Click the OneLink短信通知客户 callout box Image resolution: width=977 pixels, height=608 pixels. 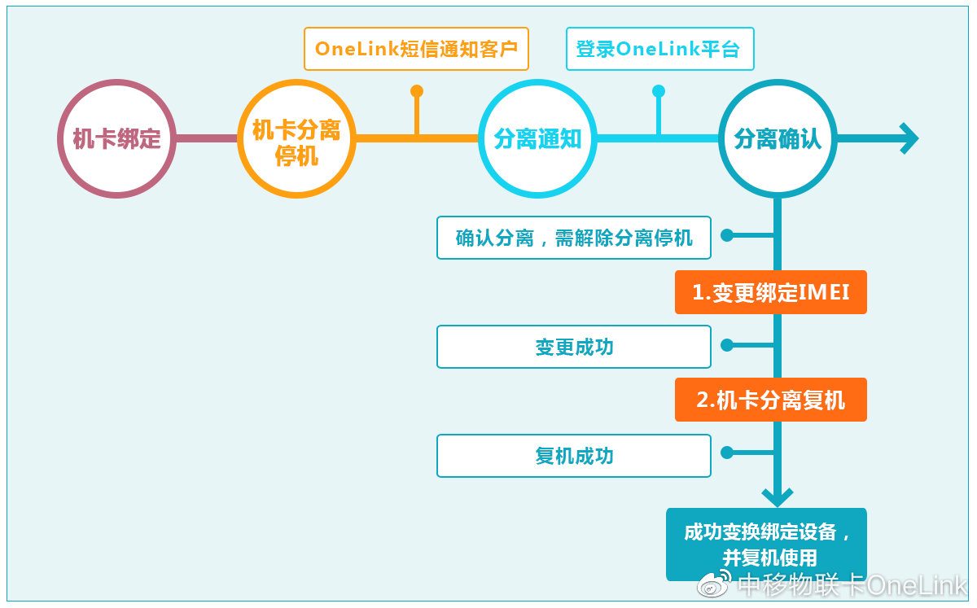[416, 49]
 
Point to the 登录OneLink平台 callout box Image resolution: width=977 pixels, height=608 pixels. [660, 49]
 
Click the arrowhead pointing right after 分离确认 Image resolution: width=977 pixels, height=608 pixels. [909, 138]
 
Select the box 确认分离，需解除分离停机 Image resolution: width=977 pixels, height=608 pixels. [574, 238]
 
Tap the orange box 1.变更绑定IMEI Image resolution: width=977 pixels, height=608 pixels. [771, 292]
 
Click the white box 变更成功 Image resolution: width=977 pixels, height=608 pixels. [574, 347]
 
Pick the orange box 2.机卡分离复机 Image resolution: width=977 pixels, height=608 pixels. [771, 400]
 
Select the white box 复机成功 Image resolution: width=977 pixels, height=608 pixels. [574, 456]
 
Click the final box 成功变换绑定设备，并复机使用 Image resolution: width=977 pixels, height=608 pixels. [766, 545]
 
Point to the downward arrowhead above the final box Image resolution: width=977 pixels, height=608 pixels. [778, 497]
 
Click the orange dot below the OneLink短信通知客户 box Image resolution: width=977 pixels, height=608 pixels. [417, 90]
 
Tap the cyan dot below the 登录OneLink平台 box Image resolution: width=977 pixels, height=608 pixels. [659, 90]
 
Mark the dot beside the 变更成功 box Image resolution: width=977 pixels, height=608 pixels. [726, 345]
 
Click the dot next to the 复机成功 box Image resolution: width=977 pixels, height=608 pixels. [726, 453]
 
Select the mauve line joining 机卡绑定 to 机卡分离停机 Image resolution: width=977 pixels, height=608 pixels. [207, 138]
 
